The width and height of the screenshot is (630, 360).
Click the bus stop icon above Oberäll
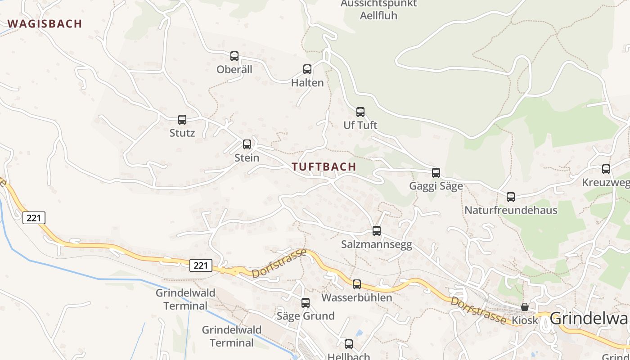(x=234, y=56)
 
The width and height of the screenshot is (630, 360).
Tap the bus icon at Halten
(x=307, y=69)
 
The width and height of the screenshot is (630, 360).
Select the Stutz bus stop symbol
(x=182, y=120)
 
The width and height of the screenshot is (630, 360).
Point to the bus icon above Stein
(x=247, y=144)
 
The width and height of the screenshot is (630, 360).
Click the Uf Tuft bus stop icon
(x=360, y=112)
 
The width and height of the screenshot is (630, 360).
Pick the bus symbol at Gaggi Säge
(x=436, y=173)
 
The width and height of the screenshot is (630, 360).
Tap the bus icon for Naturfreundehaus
(x=511, y=197)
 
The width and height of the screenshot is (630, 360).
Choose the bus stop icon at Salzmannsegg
(x=377, y=231)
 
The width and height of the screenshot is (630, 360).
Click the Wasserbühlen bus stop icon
(x=357, y=284)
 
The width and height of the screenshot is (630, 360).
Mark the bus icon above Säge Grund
(x=306, y=303)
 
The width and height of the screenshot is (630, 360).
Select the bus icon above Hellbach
(x=349, y=345)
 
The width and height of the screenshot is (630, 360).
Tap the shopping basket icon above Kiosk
(x=525, y=307)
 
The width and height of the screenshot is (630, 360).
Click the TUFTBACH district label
(x=324, y=167)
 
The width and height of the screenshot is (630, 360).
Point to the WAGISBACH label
(x=45, y=24)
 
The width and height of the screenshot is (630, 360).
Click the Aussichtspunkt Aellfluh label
(x=379, y=9)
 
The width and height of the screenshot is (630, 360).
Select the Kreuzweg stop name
(x=605, y=183)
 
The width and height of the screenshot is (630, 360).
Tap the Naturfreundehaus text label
(x=511, y=210)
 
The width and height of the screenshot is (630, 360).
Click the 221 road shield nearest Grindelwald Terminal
(x=201, y=265)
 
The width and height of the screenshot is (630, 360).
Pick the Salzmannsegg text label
(x=377, y=245)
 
